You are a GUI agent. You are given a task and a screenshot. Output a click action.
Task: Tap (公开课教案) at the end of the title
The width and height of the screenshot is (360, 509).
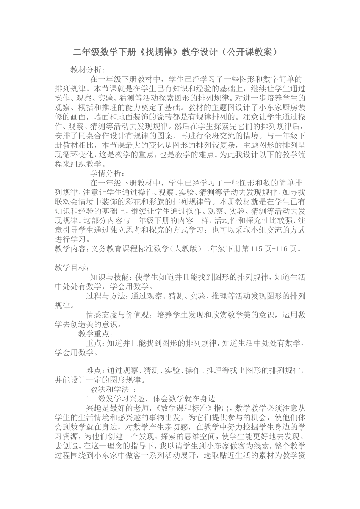click(x=250, y=52)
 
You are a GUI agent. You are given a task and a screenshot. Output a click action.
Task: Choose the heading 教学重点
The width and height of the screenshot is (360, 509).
click(x=94, y=334)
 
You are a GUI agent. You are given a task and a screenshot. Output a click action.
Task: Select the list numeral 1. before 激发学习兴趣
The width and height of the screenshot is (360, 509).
click(x=89, y=398)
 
